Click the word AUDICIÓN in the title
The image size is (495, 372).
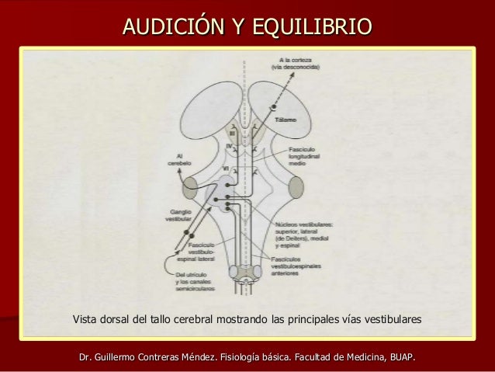169,28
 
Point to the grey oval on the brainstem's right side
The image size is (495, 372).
296,187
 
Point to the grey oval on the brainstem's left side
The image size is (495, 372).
190,187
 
